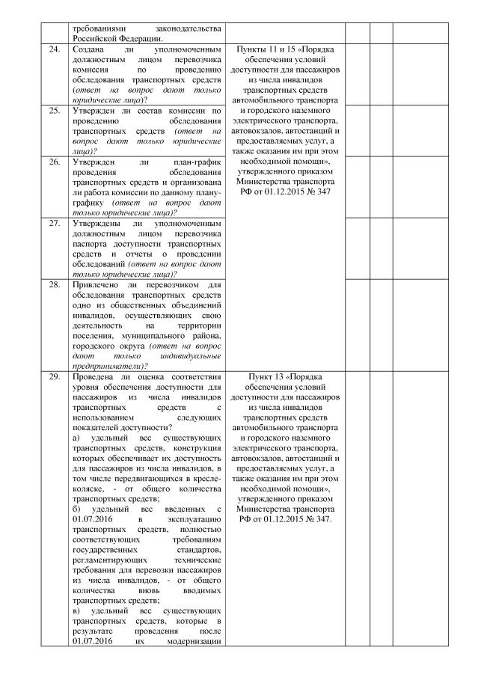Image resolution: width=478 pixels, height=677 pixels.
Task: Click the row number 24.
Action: pos(53,49)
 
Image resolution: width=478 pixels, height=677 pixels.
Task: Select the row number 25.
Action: pos(53,111)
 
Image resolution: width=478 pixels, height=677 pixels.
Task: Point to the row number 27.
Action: pos(53,223)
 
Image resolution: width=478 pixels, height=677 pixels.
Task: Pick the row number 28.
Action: pos(53,284)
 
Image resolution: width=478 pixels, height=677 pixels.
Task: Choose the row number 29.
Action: pos(53,376)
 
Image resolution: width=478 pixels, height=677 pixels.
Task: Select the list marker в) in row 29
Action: pos(78,610)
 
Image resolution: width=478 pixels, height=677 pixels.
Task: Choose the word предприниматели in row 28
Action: pos(109,367)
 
